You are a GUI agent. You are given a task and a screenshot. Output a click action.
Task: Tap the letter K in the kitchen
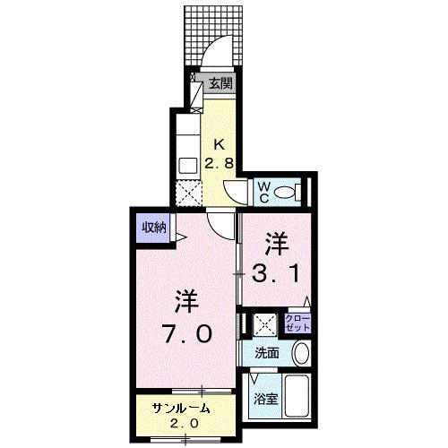[x=219, y=144]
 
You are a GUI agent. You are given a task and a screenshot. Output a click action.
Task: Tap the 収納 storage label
[x=153, y=228]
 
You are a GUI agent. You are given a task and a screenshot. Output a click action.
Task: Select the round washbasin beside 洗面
[x=301, y=352]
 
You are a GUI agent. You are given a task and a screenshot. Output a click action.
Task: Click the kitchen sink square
[x=187, y=165]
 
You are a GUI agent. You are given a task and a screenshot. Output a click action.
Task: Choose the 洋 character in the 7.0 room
[x=185, y=299]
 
